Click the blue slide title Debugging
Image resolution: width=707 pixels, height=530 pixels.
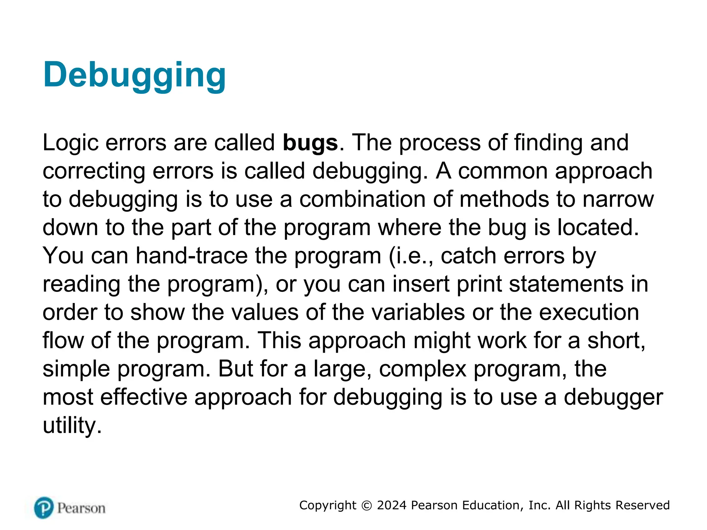(134, 75)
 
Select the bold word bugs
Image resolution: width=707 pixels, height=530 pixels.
(310, 143)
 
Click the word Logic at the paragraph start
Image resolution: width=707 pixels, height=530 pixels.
(70, 143)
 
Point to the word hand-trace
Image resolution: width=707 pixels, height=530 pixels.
(192, 256)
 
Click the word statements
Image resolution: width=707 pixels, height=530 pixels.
(566, 284)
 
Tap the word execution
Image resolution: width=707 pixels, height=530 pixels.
(589, 313)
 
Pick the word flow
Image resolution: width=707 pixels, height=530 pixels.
(63, 341)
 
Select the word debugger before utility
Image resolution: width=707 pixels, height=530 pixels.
(613, 397)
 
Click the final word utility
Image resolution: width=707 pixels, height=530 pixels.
(72, 426)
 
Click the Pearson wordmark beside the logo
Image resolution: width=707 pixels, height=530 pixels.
(81, 508)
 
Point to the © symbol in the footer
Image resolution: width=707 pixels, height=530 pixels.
(367, 506)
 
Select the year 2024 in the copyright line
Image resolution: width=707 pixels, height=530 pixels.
(392, 506)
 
